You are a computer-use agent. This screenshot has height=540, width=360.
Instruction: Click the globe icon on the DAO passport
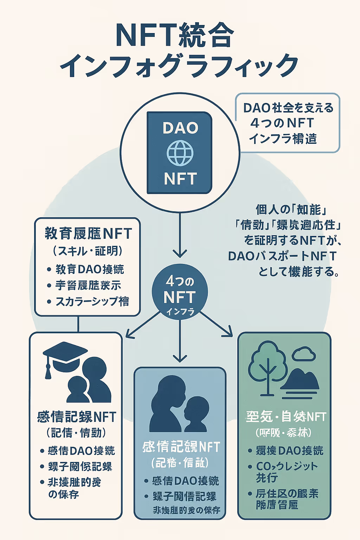pyautogui.click(x=180, y=153)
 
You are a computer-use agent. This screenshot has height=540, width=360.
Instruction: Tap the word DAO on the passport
pyautogui.click(x=180, y=128)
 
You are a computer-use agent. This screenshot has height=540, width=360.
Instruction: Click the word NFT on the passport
pyautogui.click(x=180, y=179)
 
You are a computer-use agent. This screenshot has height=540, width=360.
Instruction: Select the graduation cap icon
pyautogui.click(x=65, y=353)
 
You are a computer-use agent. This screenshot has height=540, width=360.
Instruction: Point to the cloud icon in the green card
pyautogui.click(x=304, y=354)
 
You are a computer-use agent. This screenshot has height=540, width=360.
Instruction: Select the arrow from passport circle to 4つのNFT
pyautogui.click(x=180, y=236)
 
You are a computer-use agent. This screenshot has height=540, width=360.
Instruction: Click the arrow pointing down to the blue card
pyautogui.click(x=180, y=343)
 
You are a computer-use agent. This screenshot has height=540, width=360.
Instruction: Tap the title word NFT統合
pyautogui.click(x=175, y=36)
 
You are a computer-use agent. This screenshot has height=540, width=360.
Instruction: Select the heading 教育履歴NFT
pyautogui.click(x=88, y=233)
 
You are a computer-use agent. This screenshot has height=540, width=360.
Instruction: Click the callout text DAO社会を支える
pyautogui.click(x=288, y=108)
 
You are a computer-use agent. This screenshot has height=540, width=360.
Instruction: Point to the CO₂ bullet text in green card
pyautogui.click(x=287, y=466)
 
